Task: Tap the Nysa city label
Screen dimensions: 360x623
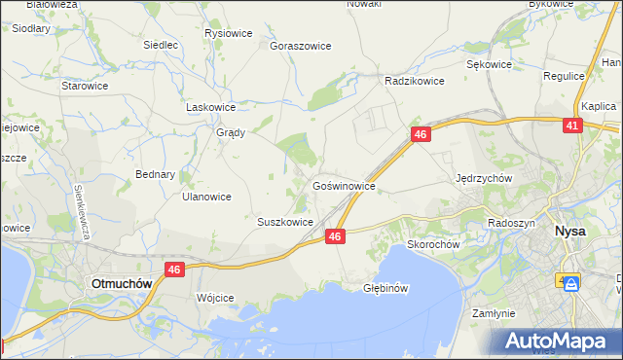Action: [568, 232]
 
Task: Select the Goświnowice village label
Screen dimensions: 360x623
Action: [344, 184]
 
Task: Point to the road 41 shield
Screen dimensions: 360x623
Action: [572, 126]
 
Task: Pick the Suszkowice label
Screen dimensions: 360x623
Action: [284, 222]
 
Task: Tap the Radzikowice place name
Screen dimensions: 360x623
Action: [415, 82]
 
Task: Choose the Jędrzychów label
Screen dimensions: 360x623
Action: [484, 178]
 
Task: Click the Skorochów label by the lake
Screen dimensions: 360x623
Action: [433, 244]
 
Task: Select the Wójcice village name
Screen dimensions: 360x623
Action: [215, 297]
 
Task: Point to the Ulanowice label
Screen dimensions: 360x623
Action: [206, 196]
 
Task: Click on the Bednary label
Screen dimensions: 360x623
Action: [156, 175]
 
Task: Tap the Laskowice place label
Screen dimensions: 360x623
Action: [211, 108]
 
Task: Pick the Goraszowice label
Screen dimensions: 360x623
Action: [301, 46]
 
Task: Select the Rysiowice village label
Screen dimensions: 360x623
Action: [229, 33]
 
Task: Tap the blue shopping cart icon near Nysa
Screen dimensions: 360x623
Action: [570, 284]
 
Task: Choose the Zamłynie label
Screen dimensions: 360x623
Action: [493, 313]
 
